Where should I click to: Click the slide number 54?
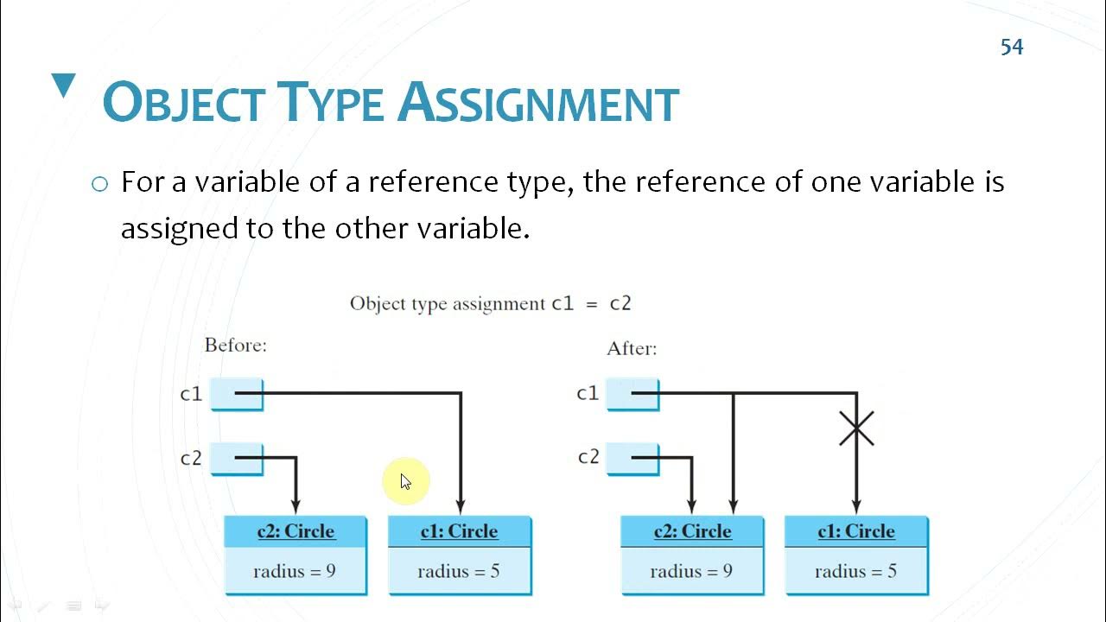[1012, 47]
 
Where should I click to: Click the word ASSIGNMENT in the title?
[538, 104]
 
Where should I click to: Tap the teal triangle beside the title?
[64, 86]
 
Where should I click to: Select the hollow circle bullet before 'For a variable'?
[100, 184]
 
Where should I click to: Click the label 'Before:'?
[235, 346]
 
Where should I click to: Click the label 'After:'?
[632, 349]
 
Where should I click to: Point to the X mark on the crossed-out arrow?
[856, 428]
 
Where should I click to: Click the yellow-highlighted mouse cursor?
[404, 480]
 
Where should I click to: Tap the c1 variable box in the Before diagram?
[237, 395]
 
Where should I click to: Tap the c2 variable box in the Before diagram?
[237, 459]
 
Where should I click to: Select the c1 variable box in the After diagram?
[633, 394]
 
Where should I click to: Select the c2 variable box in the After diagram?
[633, 458]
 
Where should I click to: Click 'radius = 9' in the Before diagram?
[295, 571]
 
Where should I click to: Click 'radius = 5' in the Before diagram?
[459, 571]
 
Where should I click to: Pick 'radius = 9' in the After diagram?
[691, 571]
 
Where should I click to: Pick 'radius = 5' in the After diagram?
[855, 571]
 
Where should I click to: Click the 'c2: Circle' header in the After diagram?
[692, 531]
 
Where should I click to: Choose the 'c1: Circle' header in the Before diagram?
[459, 531]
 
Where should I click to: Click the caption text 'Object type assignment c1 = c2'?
[490, 303]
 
